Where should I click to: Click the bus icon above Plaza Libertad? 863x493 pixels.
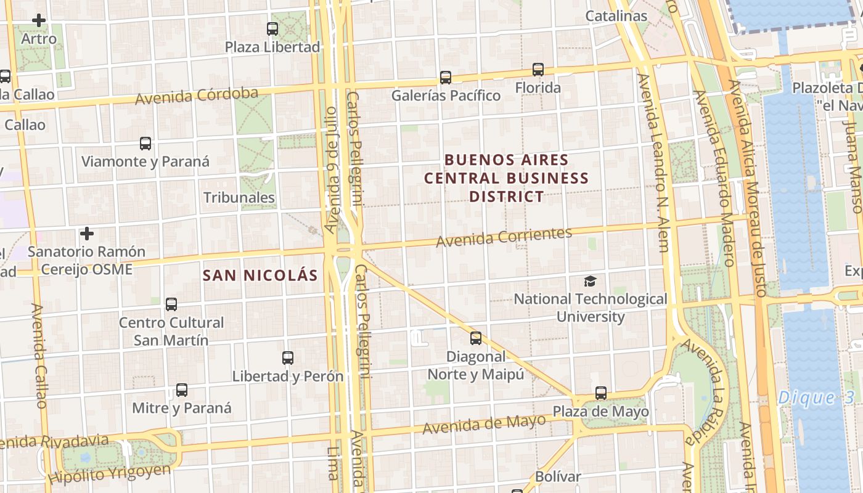pyautogui.click(x=272, y=28)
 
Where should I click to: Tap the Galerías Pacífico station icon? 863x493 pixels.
pyautogui.click(x=445, y=78)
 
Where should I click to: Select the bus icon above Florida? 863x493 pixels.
pyautogui.click(x=538, y=70)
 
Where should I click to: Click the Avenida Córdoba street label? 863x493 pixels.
pyautogui.click(x=196, y=96)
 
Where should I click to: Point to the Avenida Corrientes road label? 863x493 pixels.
pyautogui.click(x=504, y=237)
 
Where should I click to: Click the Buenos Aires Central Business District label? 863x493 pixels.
pyautogui.click(x=505, y=178)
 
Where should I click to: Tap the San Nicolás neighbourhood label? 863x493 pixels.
pyautogui.click(x=260, y=275)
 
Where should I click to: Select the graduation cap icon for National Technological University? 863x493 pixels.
pyautogui.click(x=590, y=282)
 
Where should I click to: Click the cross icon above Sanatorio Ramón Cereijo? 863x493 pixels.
pyautogui.click(x=87, y=234)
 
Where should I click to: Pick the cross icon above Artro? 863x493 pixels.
pyautogui.click(x=39, y=20)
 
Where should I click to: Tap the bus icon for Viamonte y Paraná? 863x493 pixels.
pyautogui.click(x=145, y=144)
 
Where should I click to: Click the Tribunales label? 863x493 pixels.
pyautogui.click(x=239, y=198)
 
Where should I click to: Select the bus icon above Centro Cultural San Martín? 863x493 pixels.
pyautogui.click(x=171, y=304)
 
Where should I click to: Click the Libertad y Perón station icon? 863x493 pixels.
pyautogui.click(x=287, y=358)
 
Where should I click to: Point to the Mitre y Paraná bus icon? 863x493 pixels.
pyautogui.click(x=181, y=390)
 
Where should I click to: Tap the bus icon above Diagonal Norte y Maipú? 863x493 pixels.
pyautogui.click(x=475, y=338)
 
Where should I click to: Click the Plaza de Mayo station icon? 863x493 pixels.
pyautogui.click(x=600, y=393)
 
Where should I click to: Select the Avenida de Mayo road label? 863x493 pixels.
pyautogui.click(x=484, y=424)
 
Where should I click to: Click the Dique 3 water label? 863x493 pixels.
pyautogui.click(x=808, y=397)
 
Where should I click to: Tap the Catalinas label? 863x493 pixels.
pyautogui.click(x=616, y=16)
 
